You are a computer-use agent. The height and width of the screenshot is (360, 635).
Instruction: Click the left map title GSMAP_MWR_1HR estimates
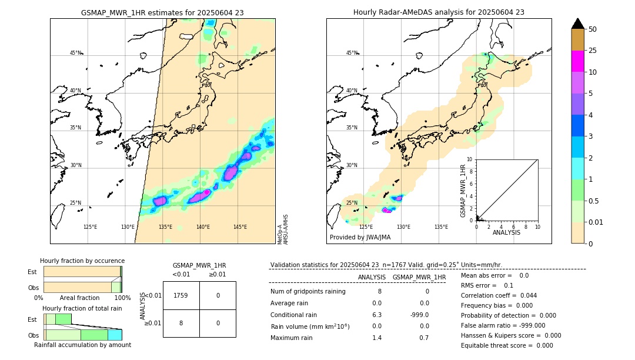click(162, 12)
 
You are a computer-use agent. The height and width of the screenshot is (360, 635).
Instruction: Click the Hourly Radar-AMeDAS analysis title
click(439, 12)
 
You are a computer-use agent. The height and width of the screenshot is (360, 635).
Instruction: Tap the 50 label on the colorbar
click(593, 29)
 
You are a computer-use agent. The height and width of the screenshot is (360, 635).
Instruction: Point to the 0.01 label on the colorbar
click(596, 222)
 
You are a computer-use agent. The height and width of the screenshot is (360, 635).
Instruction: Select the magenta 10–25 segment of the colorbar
click(577, 61)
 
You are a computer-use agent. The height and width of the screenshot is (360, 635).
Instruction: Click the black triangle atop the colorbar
click(577, 24)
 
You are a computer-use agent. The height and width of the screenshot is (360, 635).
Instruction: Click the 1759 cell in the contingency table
click(181, 295)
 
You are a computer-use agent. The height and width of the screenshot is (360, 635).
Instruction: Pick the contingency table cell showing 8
click(181, 322)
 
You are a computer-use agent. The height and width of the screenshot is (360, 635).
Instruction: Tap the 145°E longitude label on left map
click(240, 227)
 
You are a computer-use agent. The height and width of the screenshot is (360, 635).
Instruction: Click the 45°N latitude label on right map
click(352, 53)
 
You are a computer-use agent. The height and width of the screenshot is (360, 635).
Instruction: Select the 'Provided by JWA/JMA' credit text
click(360, 238)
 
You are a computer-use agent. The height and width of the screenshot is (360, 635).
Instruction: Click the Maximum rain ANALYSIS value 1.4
click(376, 338)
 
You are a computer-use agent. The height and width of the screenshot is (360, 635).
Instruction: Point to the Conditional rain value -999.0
click(420, 315)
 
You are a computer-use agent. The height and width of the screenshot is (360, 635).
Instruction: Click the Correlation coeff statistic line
click(499, 295)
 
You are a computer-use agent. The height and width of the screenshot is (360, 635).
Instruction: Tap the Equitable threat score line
click(507, 345)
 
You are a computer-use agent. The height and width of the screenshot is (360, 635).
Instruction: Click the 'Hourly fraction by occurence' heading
click(82, 261)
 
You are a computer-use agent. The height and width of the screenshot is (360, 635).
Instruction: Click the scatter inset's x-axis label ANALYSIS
click(507, 233)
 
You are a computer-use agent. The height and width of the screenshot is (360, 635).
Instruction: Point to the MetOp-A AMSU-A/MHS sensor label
click(282, 229)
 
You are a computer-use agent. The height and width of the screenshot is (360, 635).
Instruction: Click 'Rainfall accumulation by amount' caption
click(82, 345)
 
